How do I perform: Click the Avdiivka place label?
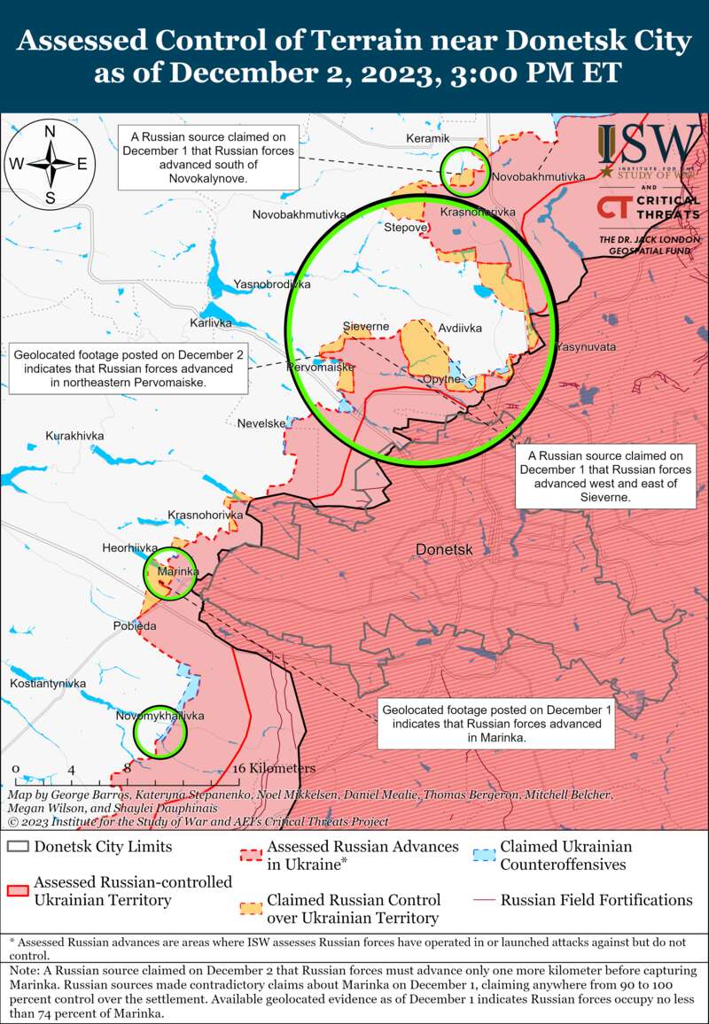460,328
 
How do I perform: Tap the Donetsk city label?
444,550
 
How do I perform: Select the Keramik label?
428,138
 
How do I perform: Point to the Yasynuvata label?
586,346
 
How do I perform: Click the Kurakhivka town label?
74,436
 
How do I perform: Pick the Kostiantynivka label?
48,684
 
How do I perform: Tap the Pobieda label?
135,625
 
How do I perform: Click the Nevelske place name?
261,423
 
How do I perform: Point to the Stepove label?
407,228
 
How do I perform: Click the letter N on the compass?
51,132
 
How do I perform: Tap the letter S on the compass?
51,197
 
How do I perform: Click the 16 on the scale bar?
239,768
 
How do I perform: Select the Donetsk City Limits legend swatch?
18,846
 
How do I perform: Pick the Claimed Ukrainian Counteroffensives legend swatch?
483,856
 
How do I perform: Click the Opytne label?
441,379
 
